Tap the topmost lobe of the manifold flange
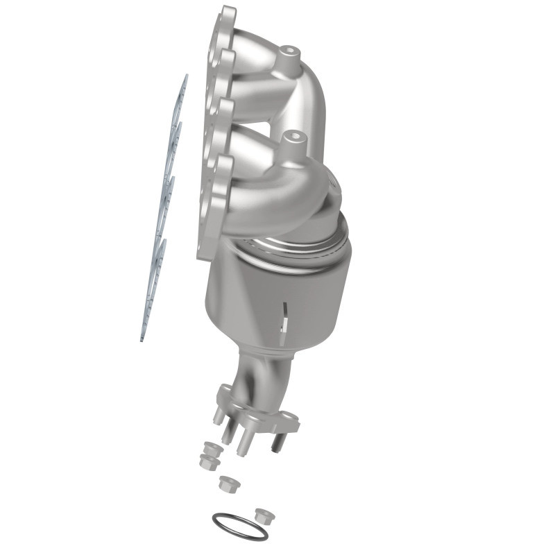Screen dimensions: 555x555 tap(227, 17)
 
